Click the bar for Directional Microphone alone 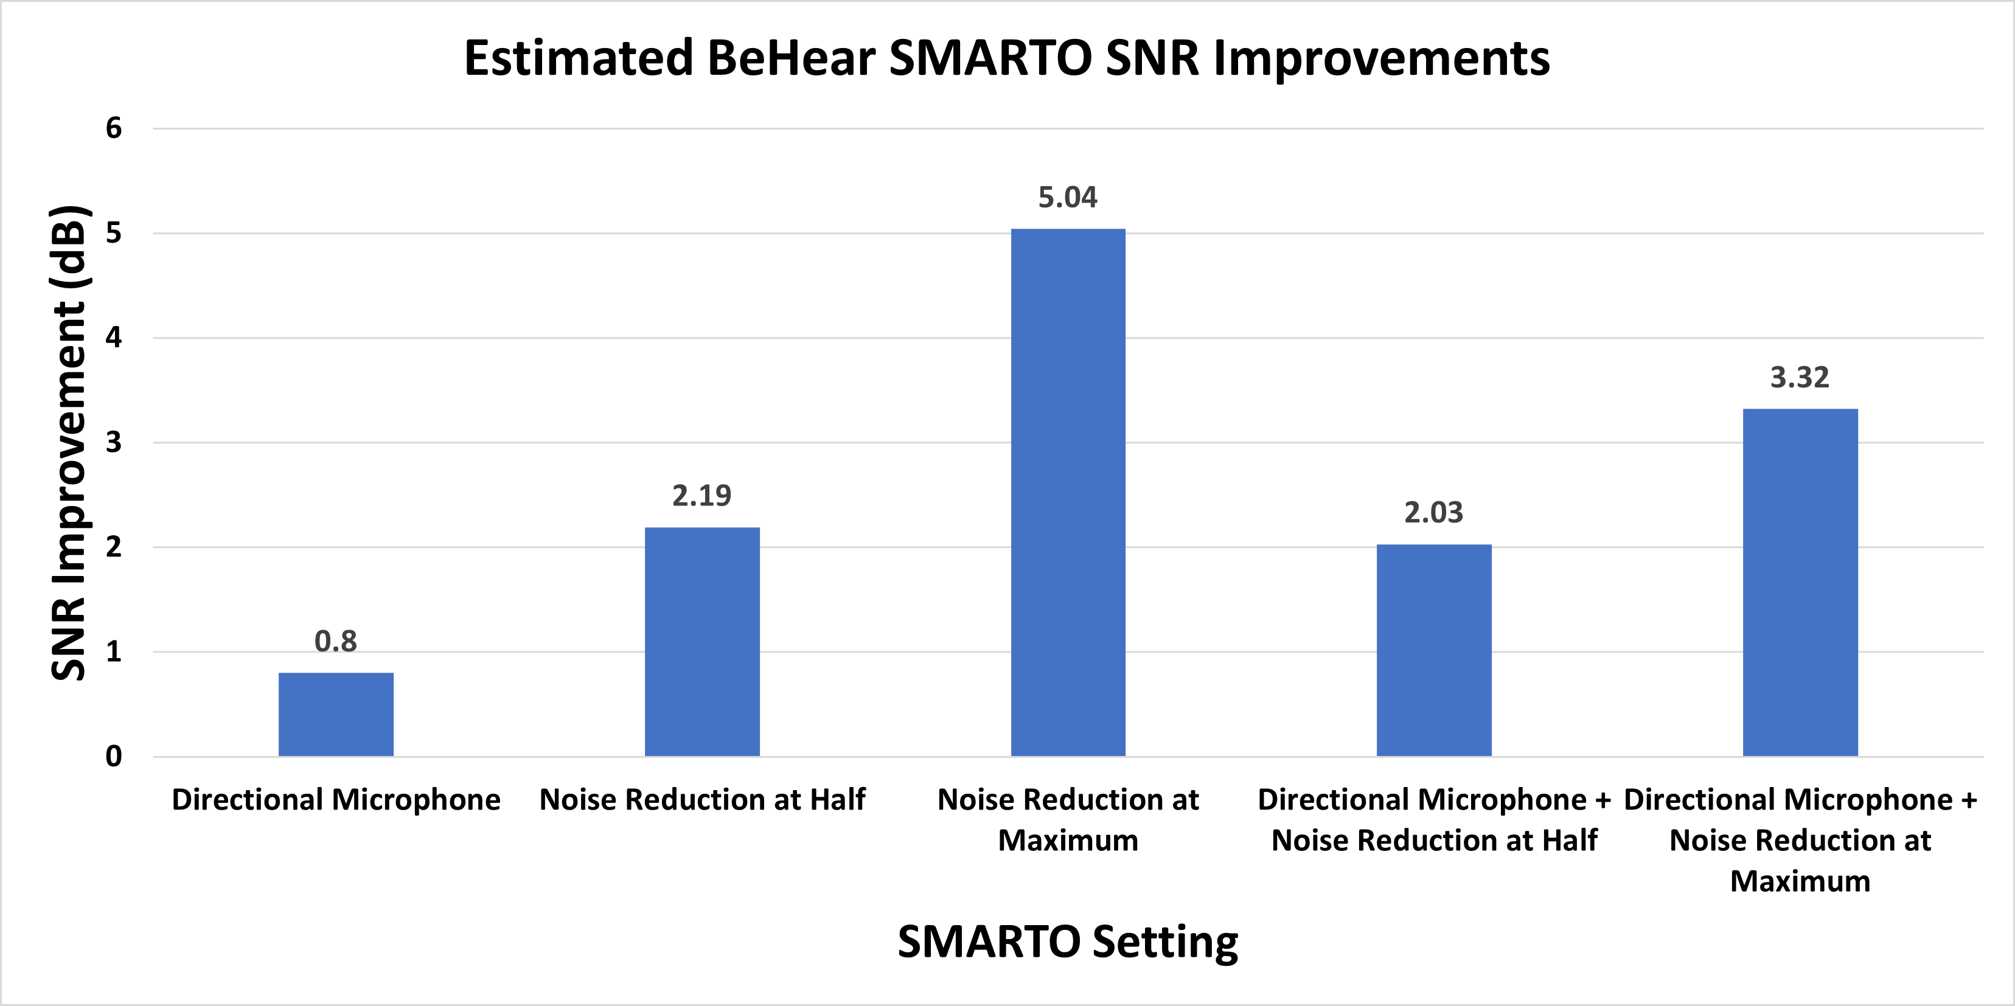coord(336,714)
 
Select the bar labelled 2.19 coord(701,642)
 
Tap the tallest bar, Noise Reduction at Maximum coord(1068,493)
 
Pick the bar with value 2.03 coord(1434,650)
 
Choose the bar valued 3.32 coord(1800,583)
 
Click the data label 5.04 coord(1068,197)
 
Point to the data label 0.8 coord(336,642)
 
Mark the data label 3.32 coord(1800,378)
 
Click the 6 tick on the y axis coord(114,128)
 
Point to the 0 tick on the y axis coord(114,757)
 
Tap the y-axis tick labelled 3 coord(114,443)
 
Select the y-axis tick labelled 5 coord(114,233)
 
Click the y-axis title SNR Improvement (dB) coord(69,443)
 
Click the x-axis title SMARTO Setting coord(1068,942)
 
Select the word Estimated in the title coord(579,58)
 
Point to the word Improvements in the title coord(1380,58)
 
